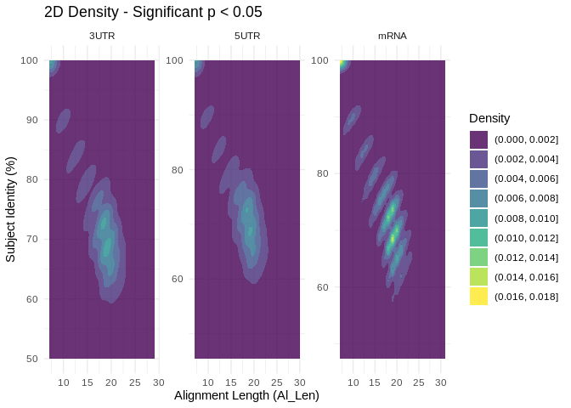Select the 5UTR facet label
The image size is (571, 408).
tap(247, 36)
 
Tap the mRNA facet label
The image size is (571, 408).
tap(393, 36)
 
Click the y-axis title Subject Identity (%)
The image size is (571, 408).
tap(11, 209)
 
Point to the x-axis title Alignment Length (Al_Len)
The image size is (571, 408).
tap(246, 395)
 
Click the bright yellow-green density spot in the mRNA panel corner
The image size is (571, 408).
tap(343, 63)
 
